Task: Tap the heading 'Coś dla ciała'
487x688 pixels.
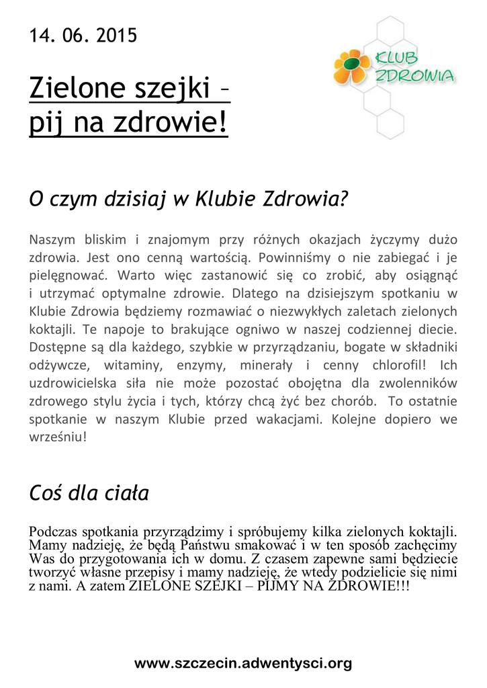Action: [89, 494]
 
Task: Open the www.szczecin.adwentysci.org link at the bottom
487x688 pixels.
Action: [243, 663]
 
